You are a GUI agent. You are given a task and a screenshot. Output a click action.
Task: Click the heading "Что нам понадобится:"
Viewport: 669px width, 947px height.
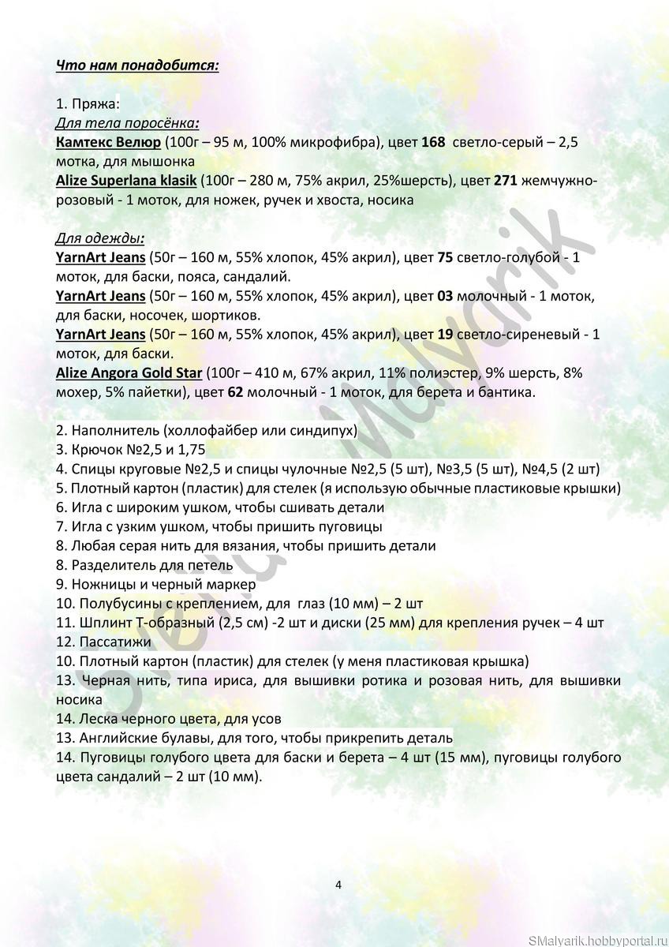pyautogui.click(x=137, y=65)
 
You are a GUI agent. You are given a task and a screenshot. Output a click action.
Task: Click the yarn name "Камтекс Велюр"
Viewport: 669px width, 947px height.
pyautogui.click(x=108, y=142)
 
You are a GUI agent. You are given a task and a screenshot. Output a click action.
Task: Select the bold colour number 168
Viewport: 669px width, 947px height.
pyautogui.click(x=433, y=142)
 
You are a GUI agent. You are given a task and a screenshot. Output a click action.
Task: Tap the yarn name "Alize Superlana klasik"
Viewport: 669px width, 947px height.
pyautogui.click(x=126, y=181)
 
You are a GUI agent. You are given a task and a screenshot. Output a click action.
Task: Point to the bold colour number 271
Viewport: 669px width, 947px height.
pyautogui.click(x=505, y=181)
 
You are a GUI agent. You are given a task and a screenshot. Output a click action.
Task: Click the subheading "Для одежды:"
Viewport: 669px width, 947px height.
pyautogui.click(x=99, y=238)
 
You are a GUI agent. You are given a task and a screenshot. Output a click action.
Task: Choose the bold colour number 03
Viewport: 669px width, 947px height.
pyautogui.click(x=445, y=296)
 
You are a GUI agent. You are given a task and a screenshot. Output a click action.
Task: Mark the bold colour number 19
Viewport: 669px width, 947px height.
pyautogui.click(x=445, y=335)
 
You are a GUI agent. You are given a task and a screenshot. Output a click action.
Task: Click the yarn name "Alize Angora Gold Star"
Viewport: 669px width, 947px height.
pyautogui.click(x=129, y=373)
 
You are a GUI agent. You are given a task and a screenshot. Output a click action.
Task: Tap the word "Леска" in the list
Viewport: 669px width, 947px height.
pyautogui.click(x=98, y=718)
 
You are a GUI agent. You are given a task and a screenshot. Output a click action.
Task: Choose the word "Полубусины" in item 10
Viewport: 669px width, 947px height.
pyautogui.click(x=118, y=604)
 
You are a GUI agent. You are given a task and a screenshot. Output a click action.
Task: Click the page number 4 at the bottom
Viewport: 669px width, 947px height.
pyautogui.click(x=338, y=885)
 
